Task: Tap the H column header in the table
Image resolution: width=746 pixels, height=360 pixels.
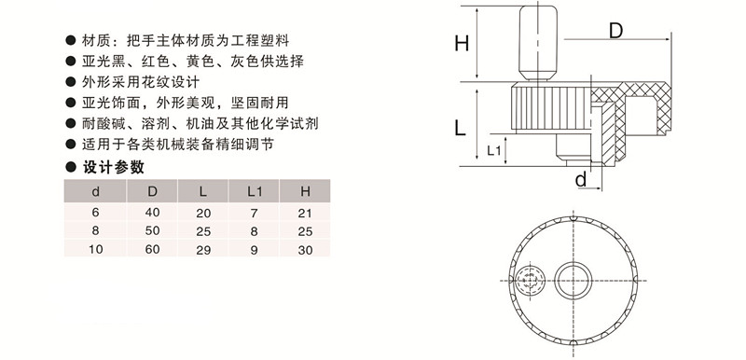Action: pyautogui.click(x=305, y=192)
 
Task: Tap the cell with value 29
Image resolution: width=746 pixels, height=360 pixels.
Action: pyautogui.click(x=204, y=249)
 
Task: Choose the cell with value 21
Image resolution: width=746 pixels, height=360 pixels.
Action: pyautogui.click(x=305, y=213)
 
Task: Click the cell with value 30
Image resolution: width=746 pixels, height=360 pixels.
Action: pyautogui.click(x=305, y=249)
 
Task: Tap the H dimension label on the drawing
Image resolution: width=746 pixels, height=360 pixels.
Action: pyautogui.click(x=461, y=43)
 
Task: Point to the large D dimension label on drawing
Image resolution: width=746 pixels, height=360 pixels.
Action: pyautogui.click(x=615, y=31)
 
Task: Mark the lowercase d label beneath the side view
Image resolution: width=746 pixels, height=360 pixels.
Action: pyautogui.click(x=580, y=179)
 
